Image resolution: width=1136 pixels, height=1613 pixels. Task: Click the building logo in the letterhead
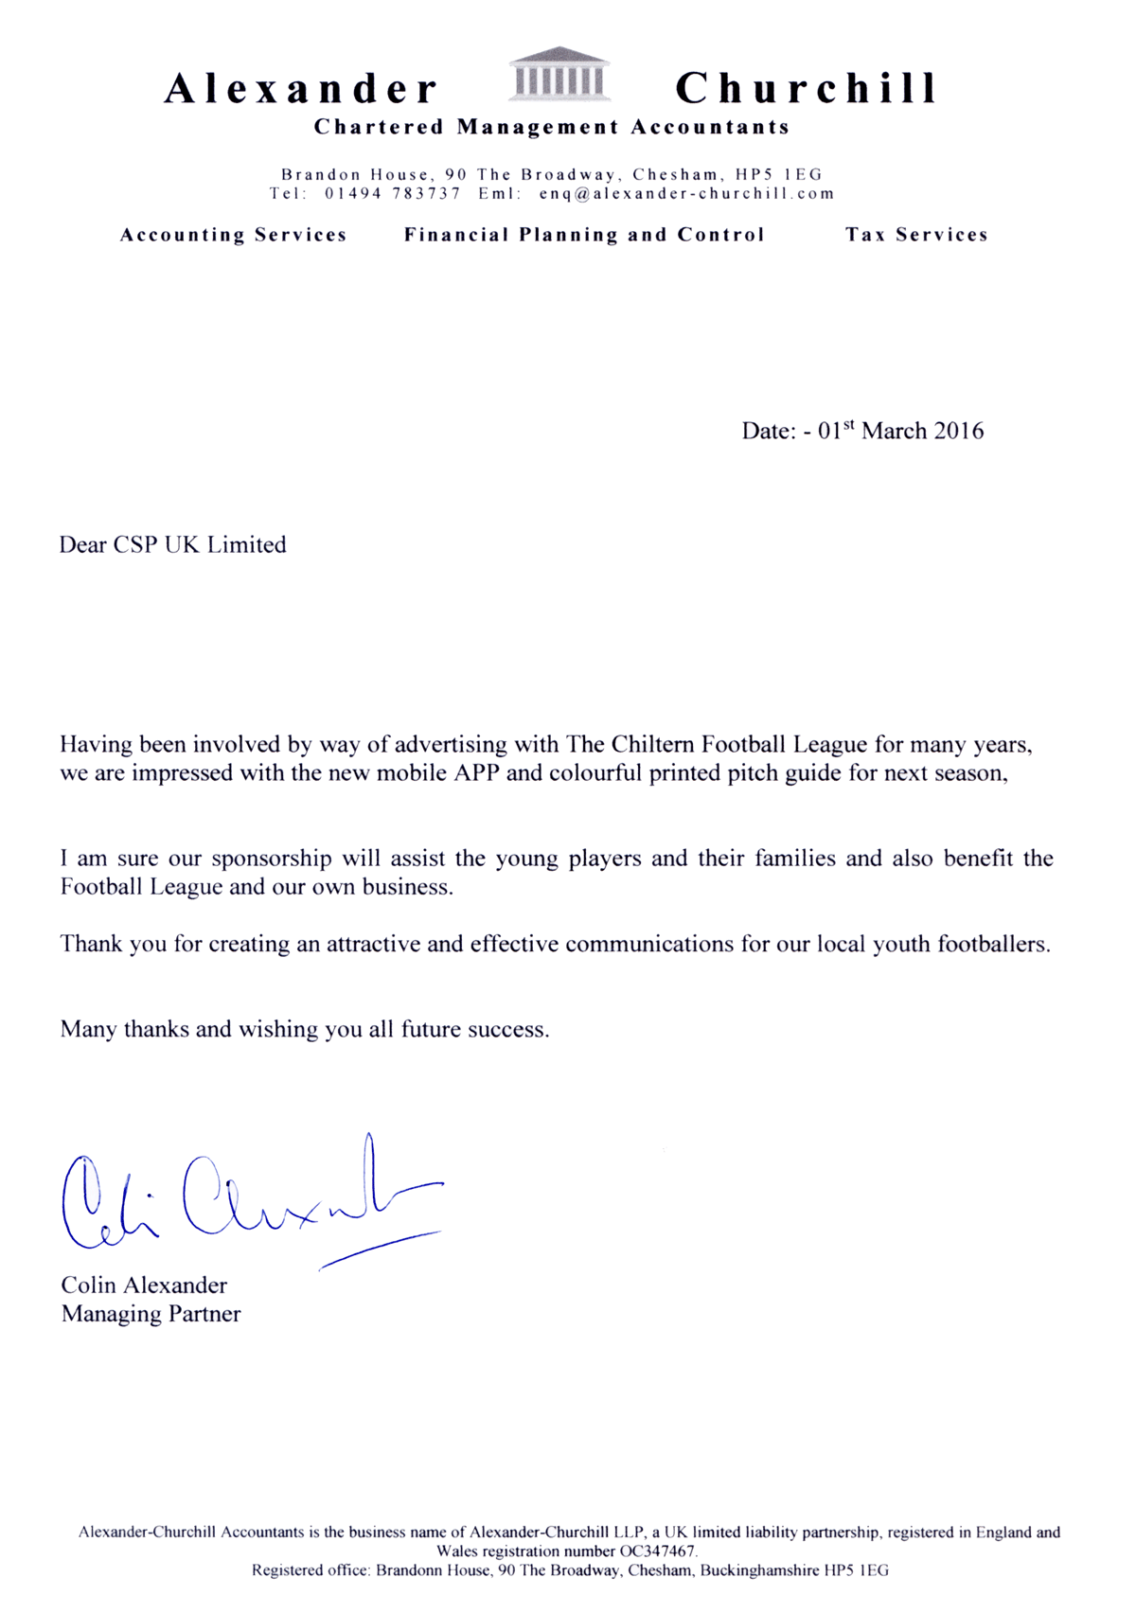[559, 74]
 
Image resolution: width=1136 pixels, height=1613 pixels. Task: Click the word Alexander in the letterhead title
[301, 89]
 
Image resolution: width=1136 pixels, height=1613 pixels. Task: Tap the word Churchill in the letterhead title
[806, 89]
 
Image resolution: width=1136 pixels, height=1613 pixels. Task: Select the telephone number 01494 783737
[393, 193]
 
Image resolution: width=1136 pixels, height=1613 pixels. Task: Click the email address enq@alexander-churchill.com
[686, 193]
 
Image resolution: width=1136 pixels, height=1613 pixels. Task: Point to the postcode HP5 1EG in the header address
[778, 174]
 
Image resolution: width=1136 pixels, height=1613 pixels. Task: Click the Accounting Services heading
[233, 235]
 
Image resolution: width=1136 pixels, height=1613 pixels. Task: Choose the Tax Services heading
[916, 235]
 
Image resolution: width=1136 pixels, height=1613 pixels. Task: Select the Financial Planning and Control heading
[584, 235]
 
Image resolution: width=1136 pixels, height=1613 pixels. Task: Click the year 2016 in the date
[959, 432]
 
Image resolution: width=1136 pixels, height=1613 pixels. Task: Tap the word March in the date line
[894, 432]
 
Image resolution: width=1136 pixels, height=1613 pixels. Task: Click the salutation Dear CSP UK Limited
[172, 545]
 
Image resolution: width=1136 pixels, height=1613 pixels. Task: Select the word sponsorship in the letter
[272, 859]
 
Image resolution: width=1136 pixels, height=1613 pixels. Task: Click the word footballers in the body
[993, 944]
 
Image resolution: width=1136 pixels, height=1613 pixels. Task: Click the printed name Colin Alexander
[144, 1285]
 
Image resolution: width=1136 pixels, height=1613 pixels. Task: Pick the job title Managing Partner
[151, 1314]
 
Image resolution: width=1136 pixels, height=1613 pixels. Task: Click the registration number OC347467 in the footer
[657, 1551]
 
